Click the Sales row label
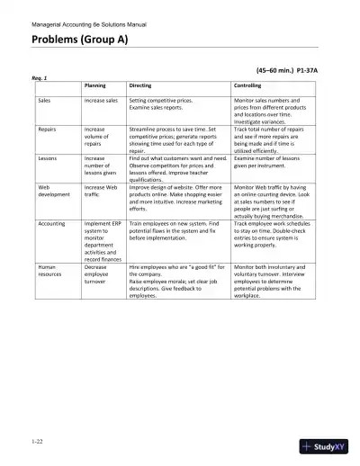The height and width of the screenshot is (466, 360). tap(44, 100)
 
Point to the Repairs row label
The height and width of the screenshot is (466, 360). tap(48, 130)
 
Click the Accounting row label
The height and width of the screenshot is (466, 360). tap(52, 222)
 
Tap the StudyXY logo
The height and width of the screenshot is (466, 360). tap(328, 446)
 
